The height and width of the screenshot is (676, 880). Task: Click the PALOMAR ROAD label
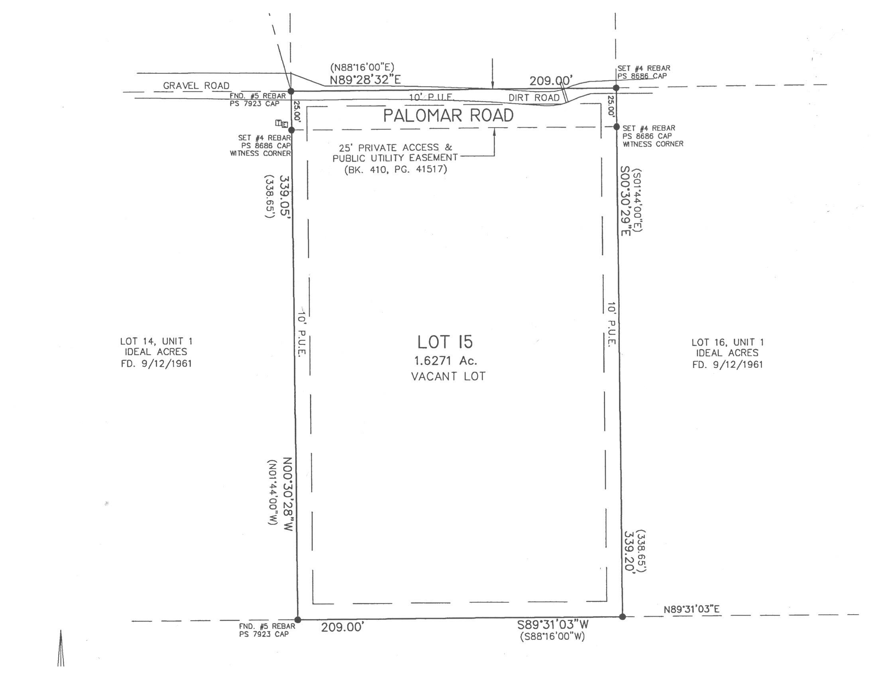click(x=448, y=116)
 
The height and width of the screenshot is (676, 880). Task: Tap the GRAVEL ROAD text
click(x=196, y=86)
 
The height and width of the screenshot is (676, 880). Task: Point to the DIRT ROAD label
click(x=534, y=98)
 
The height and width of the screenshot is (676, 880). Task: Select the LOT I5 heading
click(x=445, y=342)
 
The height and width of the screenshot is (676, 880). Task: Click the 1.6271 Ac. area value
click(x=444, y=361)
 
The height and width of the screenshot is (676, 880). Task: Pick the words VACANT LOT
click(x=448, y=377)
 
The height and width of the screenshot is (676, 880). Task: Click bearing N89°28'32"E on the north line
click(x=365, y=80)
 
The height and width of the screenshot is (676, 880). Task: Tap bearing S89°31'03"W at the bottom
click(x=553, y=625)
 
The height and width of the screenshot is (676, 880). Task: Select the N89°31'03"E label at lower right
click(x=691, y=609)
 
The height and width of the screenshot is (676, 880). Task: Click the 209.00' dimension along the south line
click(x=342, y=627)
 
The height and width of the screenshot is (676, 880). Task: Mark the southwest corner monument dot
click(x=298, y=620)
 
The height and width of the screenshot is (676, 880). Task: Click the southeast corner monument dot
click(x=622, y=617)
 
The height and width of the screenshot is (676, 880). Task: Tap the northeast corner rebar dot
click(x=616, y=88)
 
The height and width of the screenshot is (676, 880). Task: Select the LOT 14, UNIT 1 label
click(x=156, y=342)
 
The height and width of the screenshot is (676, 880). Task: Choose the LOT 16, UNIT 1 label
click(x=727, y=342)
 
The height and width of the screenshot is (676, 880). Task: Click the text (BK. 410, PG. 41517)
click(x=395, y=169)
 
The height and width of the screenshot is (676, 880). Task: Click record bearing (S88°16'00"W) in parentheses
click(x=552, y=637)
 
